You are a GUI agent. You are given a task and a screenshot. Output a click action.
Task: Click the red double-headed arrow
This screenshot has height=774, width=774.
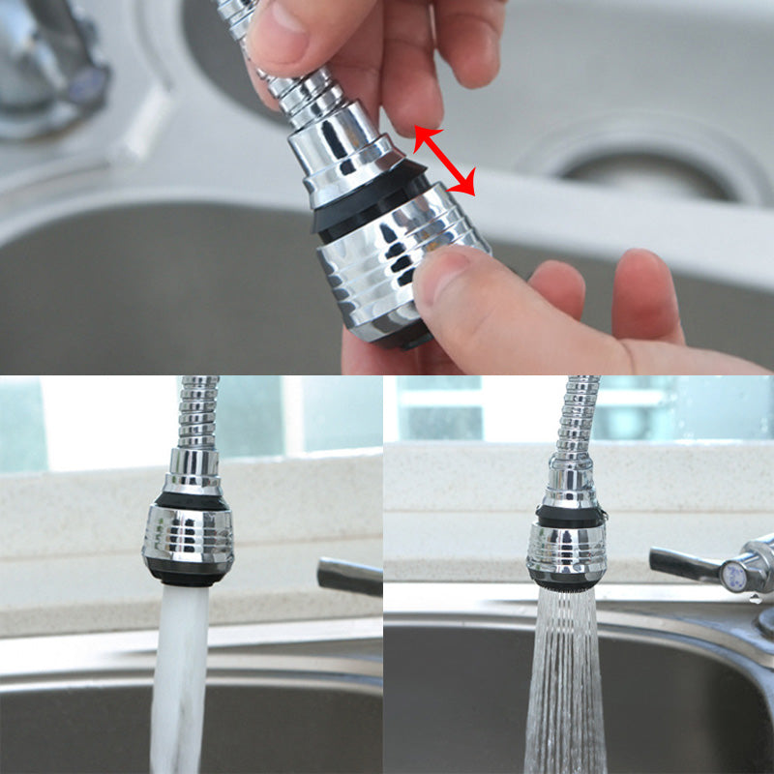coord(445,161)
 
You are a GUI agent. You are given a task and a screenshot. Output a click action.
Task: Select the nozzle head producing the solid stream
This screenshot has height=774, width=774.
coord(188,537)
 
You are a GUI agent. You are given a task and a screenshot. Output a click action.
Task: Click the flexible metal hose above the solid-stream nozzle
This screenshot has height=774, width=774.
coord(198,411)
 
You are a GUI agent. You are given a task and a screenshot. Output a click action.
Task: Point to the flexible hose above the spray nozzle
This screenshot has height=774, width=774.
coord(576,416)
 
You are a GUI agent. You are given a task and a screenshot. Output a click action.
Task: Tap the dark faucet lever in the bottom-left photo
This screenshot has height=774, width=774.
coord(349,576)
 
